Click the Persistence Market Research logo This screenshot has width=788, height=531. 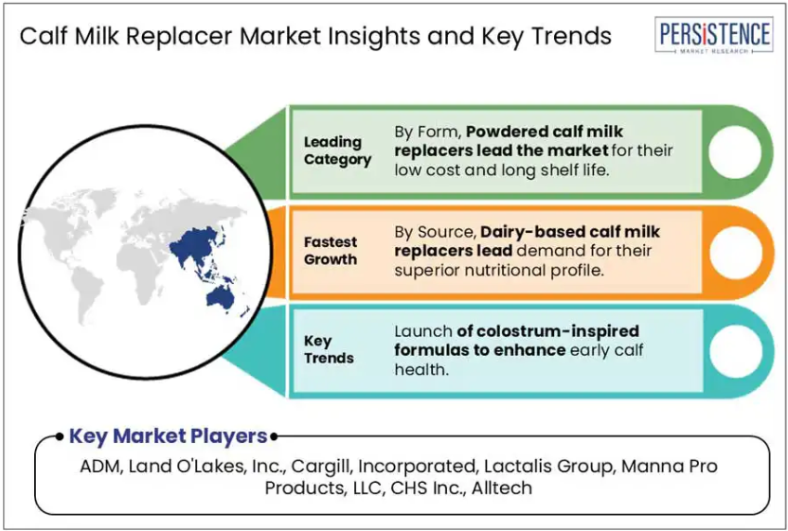point(714,35)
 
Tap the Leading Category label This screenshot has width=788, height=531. point(337,150)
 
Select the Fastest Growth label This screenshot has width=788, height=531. point(331,251)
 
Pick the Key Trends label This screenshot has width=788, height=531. point(329,349)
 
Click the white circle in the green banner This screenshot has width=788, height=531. point(735,151)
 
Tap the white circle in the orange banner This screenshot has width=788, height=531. point(735,252)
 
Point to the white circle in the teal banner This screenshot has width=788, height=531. point(735,351)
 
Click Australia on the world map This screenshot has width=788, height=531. point(220,298)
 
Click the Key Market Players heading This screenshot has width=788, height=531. point(168,436)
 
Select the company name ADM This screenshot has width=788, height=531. point(99,467)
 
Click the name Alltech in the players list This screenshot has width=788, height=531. point(502,487)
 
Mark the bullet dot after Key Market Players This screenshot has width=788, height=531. point(274,436)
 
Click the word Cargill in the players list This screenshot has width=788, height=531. point(323,467)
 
